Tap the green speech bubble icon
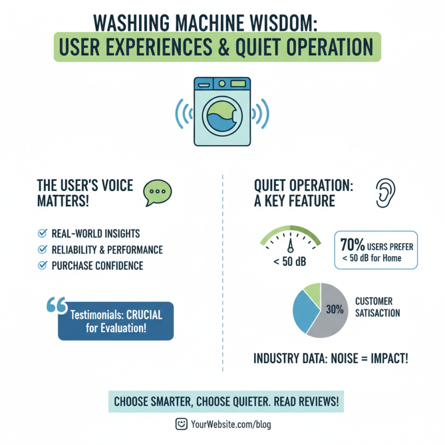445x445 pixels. click(158, 192)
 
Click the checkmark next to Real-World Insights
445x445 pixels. click(41, 234)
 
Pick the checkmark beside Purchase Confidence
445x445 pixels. click(41, 265)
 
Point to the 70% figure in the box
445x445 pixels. click(352, 245)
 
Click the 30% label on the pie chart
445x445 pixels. click(335, 310)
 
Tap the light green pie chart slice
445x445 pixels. click(313, 292)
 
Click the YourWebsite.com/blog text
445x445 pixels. click(230, 424)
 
